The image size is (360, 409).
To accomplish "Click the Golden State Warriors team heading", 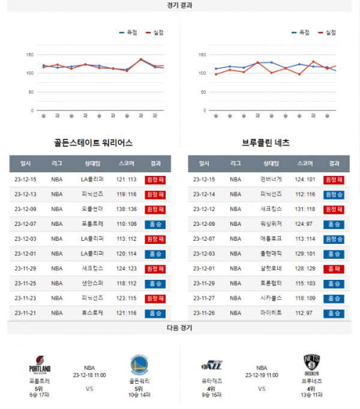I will [x=93, y=143].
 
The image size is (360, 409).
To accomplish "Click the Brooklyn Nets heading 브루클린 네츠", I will [x=265, y=143].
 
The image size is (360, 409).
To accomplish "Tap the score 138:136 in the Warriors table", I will [x=127, y=209].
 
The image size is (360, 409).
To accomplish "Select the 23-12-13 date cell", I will [x=26, y=194].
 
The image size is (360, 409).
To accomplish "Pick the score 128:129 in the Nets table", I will [x=305, y=268].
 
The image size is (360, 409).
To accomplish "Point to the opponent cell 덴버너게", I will [x=271, y=180].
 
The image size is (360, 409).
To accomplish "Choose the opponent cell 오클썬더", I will [x=92, y=209].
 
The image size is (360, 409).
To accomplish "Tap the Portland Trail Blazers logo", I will [x=40, y=365].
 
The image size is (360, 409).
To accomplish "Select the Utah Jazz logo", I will [x=212, y=365].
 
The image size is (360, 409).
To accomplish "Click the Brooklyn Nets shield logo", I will [x=312, y=362].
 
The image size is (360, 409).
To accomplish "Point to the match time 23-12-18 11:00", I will [x=89, y=375].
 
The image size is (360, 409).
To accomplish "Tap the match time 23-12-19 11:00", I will [x=262, y=375].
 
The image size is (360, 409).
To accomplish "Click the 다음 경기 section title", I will [x=179, y=328].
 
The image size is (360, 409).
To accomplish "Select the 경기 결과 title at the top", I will [x=179, y=5].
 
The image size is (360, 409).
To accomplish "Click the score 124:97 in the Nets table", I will [x=305, y=224].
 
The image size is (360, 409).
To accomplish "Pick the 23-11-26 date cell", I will [x=204, y=313].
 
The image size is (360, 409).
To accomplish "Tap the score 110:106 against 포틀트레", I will [x=127, y=224].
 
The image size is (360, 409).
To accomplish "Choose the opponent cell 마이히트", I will [x=271, y=313].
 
